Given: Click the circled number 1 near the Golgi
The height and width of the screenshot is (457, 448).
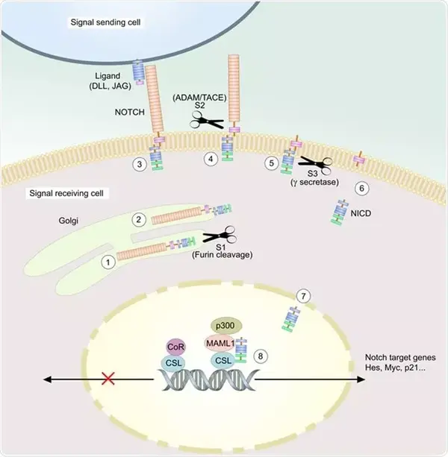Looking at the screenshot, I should coord(108,262).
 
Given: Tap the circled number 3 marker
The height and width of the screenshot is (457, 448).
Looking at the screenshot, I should coord(137,164).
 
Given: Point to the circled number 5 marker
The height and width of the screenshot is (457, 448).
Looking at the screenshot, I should coord(271,161).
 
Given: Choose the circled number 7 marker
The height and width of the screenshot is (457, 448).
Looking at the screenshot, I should coord(302,296).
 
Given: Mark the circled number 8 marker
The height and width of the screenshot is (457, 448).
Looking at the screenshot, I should coord(260,357).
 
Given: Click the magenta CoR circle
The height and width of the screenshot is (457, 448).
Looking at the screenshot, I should coord(175,347).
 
